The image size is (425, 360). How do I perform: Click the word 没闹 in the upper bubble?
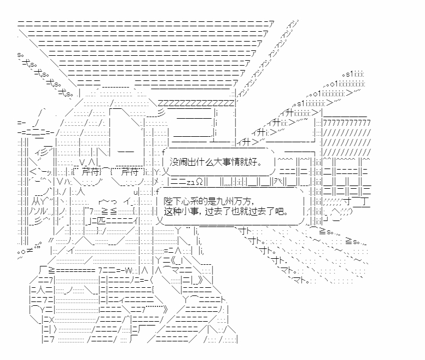point(178,162)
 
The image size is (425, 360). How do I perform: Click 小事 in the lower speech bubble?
point(192,211)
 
